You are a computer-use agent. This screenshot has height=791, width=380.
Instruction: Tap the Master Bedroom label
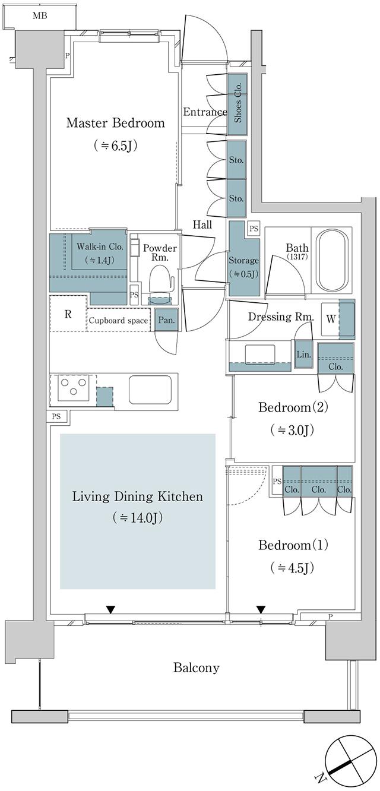[x=115, y=123]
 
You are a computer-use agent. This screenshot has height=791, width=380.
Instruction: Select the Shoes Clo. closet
[x=237, y=104]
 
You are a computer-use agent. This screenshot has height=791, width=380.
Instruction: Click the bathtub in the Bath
[x=332, y=261]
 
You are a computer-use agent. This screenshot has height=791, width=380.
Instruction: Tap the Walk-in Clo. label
[x=100, y=246]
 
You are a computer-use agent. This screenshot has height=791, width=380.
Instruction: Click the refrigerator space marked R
[x=68, y=314]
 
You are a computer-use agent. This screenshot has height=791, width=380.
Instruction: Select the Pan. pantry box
[x=166, y=320]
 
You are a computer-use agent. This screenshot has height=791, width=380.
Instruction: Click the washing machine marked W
[x=331, y=319]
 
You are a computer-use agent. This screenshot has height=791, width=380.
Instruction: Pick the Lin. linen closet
[x=303, y=354]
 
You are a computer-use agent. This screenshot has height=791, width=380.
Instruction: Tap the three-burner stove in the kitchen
[x=73, y=387]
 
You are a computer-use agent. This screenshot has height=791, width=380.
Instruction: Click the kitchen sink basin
[x=150, y=390]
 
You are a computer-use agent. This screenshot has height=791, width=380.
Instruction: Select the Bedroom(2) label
[x=293, y=407]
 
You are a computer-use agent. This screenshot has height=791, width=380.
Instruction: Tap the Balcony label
[x=197, y=667]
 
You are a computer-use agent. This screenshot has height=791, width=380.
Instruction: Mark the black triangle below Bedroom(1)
[x=261, y=609]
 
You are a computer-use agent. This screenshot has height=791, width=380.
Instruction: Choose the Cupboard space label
[x=118, y=320]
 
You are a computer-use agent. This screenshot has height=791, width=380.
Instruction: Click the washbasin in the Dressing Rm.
[x=260, y=354]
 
